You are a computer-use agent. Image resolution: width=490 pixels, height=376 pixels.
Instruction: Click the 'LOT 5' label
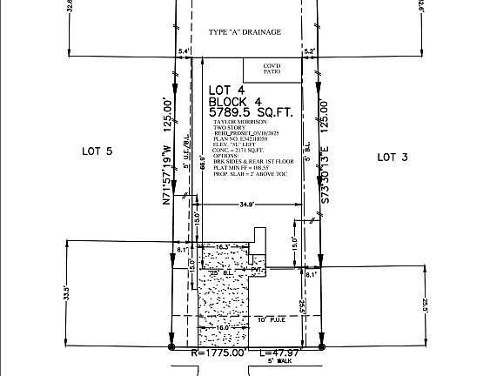[97, 151]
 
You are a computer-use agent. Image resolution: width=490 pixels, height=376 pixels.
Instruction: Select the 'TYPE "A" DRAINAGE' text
[245, 32]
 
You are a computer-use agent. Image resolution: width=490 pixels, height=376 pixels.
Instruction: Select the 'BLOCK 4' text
[237, 101]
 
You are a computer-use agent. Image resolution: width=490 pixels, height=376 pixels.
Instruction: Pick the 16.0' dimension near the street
[225, 329]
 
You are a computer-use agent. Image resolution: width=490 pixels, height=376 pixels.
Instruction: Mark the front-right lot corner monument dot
[320, 346]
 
